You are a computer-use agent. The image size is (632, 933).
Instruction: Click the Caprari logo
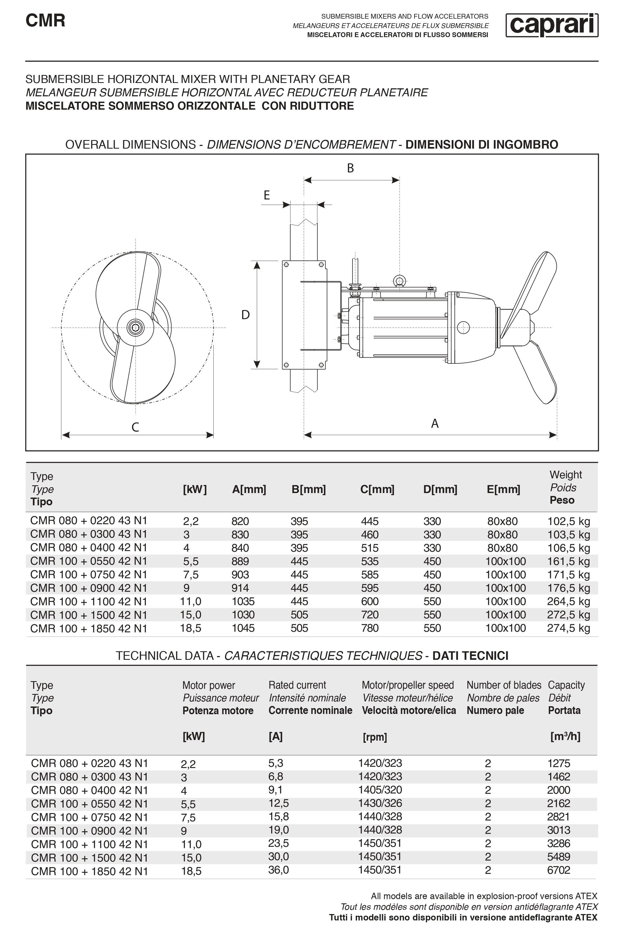[x=551, y=25]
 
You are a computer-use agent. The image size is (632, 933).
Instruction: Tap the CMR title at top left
[x=45, y=21]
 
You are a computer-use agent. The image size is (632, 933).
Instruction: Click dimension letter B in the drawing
[x=350, y=168]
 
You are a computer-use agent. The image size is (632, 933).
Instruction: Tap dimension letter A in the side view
[x=435, y=423]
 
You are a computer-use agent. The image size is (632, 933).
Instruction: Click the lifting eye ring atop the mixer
[x=399, y=280]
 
